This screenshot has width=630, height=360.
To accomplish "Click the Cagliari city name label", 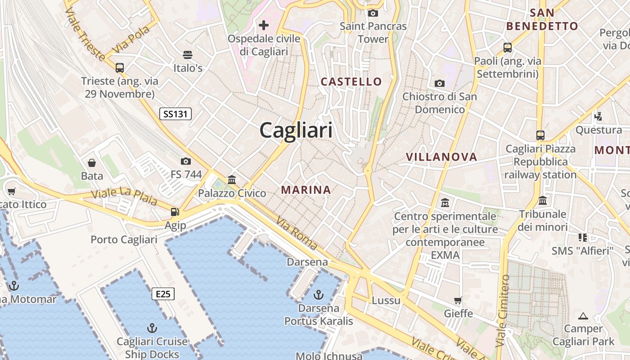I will pyautogui.click(x=296, y=130).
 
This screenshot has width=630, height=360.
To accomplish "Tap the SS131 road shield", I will pyautogui.click(x=175, y=114).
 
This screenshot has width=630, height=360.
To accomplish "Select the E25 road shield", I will pyautogui.click(x=163, y=294).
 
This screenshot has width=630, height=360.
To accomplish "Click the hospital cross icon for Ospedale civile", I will pyautogui.click(x=264, y=25).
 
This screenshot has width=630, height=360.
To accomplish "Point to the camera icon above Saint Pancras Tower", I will pyautogui.click(x=373, y=13).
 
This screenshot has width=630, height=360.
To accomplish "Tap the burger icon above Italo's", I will pyautogui.click(x=188, y=55).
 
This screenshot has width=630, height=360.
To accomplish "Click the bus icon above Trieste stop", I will pyautogui.click(x=120, y=68).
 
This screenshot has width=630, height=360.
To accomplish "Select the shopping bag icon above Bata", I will pyautogui.click(x=92, y=162).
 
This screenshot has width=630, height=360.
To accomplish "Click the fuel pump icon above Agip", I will pyautogui.click(x=175, y=211).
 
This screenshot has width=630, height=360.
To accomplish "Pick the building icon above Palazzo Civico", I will pyautogui.click(x=232, y=180).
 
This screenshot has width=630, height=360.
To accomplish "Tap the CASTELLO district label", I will pyautogui.click(x=351, y=82).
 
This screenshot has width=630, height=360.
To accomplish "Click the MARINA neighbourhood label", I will pyautogui.click(x=306, y=190).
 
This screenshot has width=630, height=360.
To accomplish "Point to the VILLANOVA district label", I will pyautogui.click(x=441, y=157).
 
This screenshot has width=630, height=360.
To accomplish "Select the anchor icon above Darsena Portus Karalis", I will pyautogui.click(x=319, y=295).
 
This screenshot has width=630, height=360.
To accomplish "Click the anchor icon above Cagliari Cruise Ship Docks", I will pyautogui.click(x=152, y=328).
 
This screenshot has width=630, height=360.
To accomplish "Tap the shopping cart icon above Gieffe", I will pyautogui.click(x=458, y=300).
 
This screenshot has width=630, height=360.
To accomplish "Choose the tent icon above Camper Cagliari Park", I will pyautogui.click(x=583, y=316).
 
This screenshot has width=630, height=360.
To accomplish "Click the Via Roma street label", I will pyautogui.click(x=297, y=234).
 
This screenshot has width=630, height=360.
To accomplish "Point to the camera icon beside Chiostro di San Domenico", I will pyautogui.click(x=440, y=83).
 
